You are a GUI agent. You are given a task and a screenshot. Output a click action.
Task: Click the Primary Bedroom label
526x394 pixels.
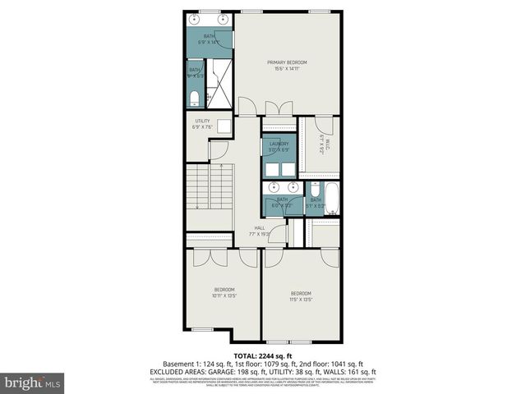pyautogui.click(x=287, y=65)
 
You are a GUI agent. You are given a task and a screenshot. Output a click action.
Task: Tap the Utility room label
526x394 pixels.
pyautogui.click(x=202, y=124)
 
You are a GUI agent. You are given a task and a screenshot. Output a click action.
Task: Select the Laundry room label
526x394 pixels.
pyautogui.click(x=279, y=147)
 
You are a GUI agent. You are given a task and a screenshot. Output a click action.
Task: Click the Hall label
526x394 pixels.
pyautogui.click(x=260, y=230)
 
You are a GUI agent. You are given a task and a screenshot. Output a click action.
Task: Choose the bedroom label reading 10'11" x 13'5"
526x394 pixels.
pyautogui.click(x=225, y=291)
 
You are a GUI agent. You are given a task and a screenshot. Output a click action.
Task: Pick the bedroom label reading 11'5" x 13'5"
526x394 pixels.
pyautogui.click(x=301, y=296)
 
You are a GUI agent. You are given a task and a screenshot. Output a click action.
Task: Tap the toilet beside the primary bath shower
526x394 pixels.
pyautogui.click(x=194, y=99)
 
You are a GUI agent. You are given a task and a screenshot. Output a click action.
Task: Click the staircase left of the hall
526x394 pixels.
pyautogui.click(x=211, y=187)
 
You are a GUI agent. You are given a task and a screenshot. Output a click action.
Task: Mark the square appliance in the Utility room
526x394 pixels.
pyautogui.click(x=224, y=126)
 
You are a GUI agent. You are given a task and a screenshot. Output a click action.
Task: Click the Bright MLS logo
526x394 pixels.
pyautogui.click(x=34, y=383)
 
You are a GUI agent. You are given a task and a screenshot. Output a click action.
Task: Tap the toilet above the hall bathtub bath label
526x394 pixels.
pyautogui.click(x=315, y=189)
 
